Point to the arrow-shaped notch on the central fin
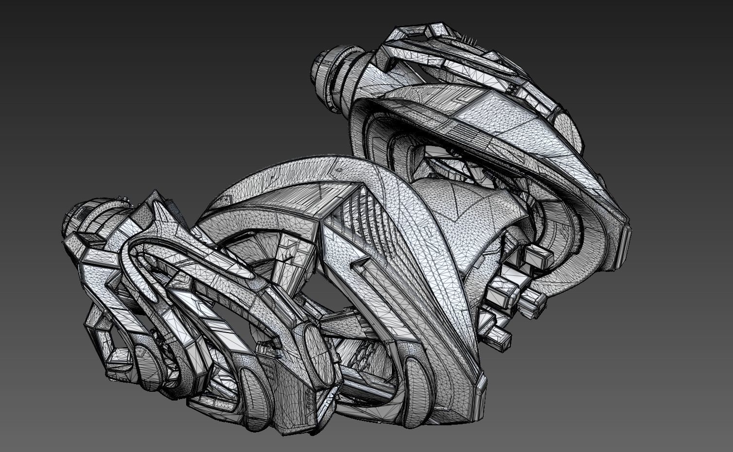coord(357,265)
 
